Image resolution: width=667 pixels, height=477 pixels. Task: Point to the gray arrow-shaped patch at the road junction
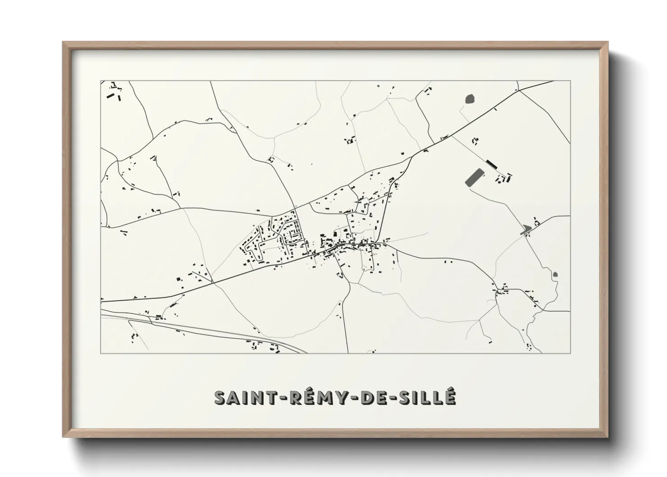[x=525, y=229]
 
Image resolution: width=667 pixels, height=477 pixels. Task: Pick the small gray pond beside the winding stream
[x=555, y=274]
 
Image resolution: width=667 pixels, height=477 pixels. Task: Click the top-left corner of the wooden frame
[x=64, y=43]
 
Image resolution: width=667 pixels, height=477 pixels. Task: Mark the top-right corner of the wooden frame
[x=607, y=43]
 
